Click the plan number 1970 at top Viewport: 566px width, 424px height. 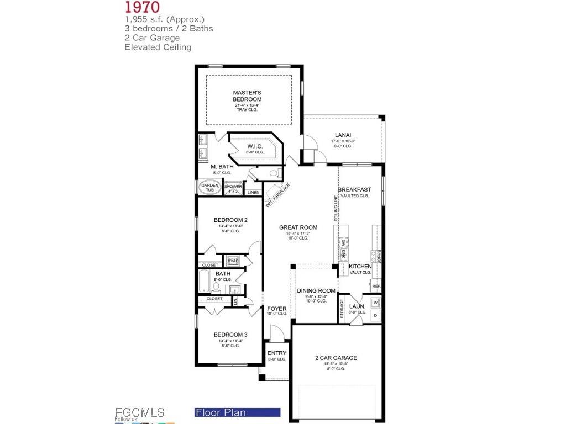142,7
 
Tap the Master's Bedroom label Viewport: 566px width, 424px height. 247,96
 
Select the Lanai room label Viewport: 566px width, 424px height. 343,135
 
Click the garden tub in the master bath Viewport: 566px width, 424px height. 209,187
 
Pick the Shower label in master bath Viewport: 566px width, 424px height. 233,187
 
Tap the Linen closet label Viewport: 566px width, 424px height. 253,192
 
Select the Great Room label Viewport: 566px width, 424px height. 298,227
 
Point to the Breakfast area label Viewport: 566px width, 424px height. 354,189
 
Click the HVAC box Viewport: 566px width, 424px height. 232,261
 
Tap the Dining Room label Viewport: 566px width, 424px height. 316,291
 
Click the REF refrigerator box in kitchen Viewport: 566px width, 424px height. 376,286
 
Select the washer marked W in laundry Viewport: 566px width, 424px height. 375,303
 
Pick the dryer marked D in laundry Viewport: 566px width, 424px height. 375,316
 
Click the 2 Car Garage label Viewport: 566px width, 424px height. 336,358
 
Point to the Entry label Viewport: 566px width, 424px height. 277,353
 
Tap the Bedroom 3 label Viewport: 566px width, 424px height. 230,335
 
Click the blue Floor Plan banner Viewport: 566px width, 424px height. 238,412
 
